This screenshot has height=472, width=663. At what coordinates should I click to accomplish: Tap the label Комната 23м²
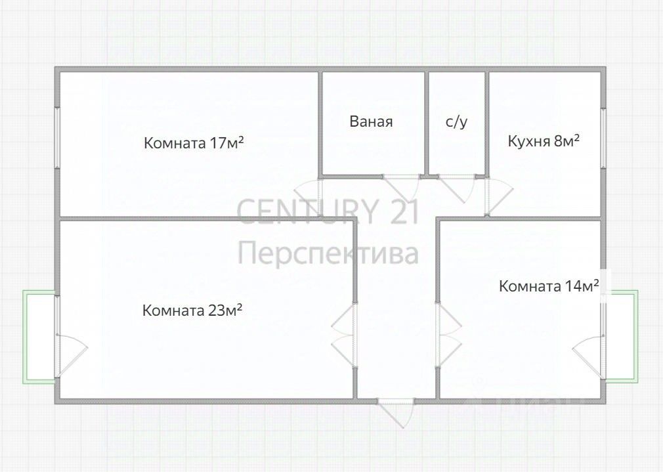click(x=192, y=310)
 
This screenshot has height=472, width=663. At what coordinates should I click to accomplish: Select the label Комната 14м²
click(x=549, y=286)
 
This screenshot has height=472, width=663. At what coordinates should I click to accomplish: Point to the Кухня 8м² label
click(x=544, y=140)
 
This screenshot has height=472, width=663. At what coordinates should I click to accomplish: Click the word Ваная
click(x=371, y=121)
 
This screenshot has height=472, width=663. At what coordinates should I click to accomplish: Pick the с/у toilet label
click(x=456, y=121)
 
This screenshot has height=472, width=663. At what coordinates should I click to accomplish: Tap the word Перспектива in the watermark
click(x=328, y=253)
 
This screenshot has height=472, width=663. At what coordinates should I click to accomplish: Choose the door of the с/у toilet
click(x=458, y=187)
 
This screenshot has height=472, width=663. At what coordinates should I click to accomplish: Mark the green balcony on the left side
click(x=39, y=336)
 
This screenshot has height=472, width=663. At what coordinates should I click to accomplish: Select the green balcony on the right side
click(x=621, y=336)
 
